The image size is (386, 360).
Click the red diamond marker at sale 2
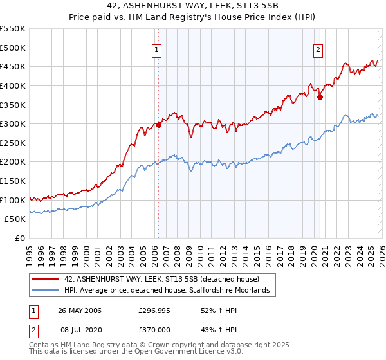(320, 97)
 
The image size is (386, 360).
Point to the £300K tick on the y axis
(14, 123)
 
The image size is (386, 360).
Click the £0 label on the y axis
(21, 239)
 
